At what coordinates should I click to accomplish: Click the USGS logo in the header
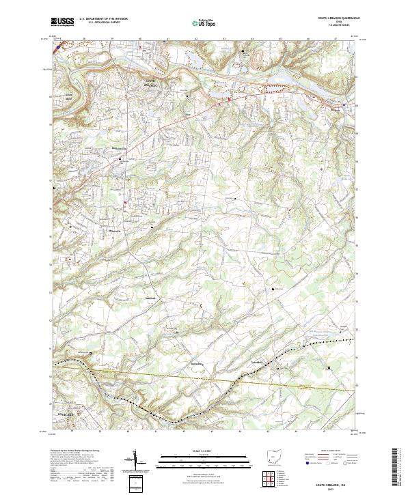[62, 21]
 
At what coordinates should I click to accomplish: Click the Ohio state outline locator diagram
[273, 457]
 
